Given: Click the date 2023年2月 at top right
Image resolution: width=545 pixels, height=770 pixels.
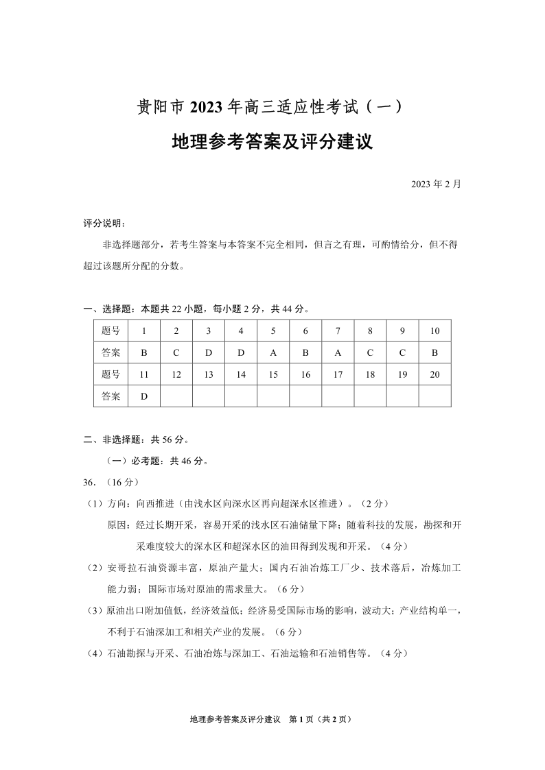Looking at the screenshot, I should pos(436,184).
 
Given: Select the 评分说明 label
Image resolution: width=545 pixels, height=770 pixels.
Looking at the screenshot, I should pos(104,224).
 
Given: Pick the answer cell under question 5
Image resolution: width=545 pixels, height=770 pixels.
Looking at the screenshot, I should pos(273,352).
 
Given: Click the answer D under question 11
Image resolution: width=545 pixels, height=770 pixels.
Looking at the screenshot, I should pos(144,396).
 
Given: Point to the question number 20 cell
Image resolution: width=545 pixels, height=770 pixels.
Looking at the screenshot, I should pos(434,374).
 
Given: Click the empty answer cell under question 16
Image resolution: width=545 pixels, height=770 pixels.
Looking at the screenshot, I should pos(305,396).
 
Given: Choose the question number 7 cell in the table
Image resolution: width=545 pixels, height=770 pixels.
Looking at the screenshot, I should pos(338,331).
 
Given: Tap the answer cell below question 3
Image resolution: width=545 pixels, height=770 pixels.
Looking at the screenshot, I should pos(209,352).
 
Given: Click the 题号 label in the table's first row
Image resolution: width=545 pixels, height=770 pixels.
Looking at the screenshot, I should pos(111,331).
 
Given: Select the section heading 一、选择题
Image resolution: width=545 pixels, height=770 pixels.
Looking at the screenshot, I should pos(109,309).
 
